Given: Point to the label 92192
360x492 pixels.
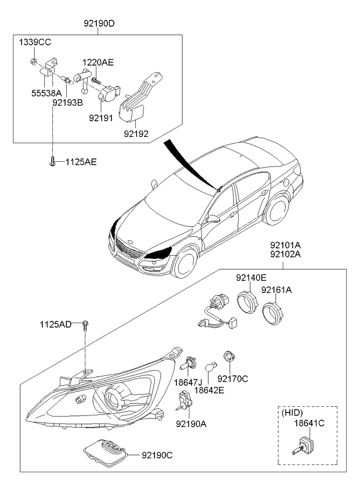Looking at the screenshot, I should [x=136, y=133].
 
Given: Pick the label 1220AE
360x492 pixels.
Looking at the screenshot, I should [x=98, y=62].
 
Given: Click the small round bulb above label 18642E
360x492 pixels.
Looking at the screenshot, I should [x=211, y=367].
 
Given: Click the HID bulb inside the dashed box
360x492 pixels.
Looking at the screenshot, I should [x=305, y=447].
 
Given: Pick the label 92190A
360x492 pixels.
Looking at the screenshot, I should [x=191, y=424].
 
